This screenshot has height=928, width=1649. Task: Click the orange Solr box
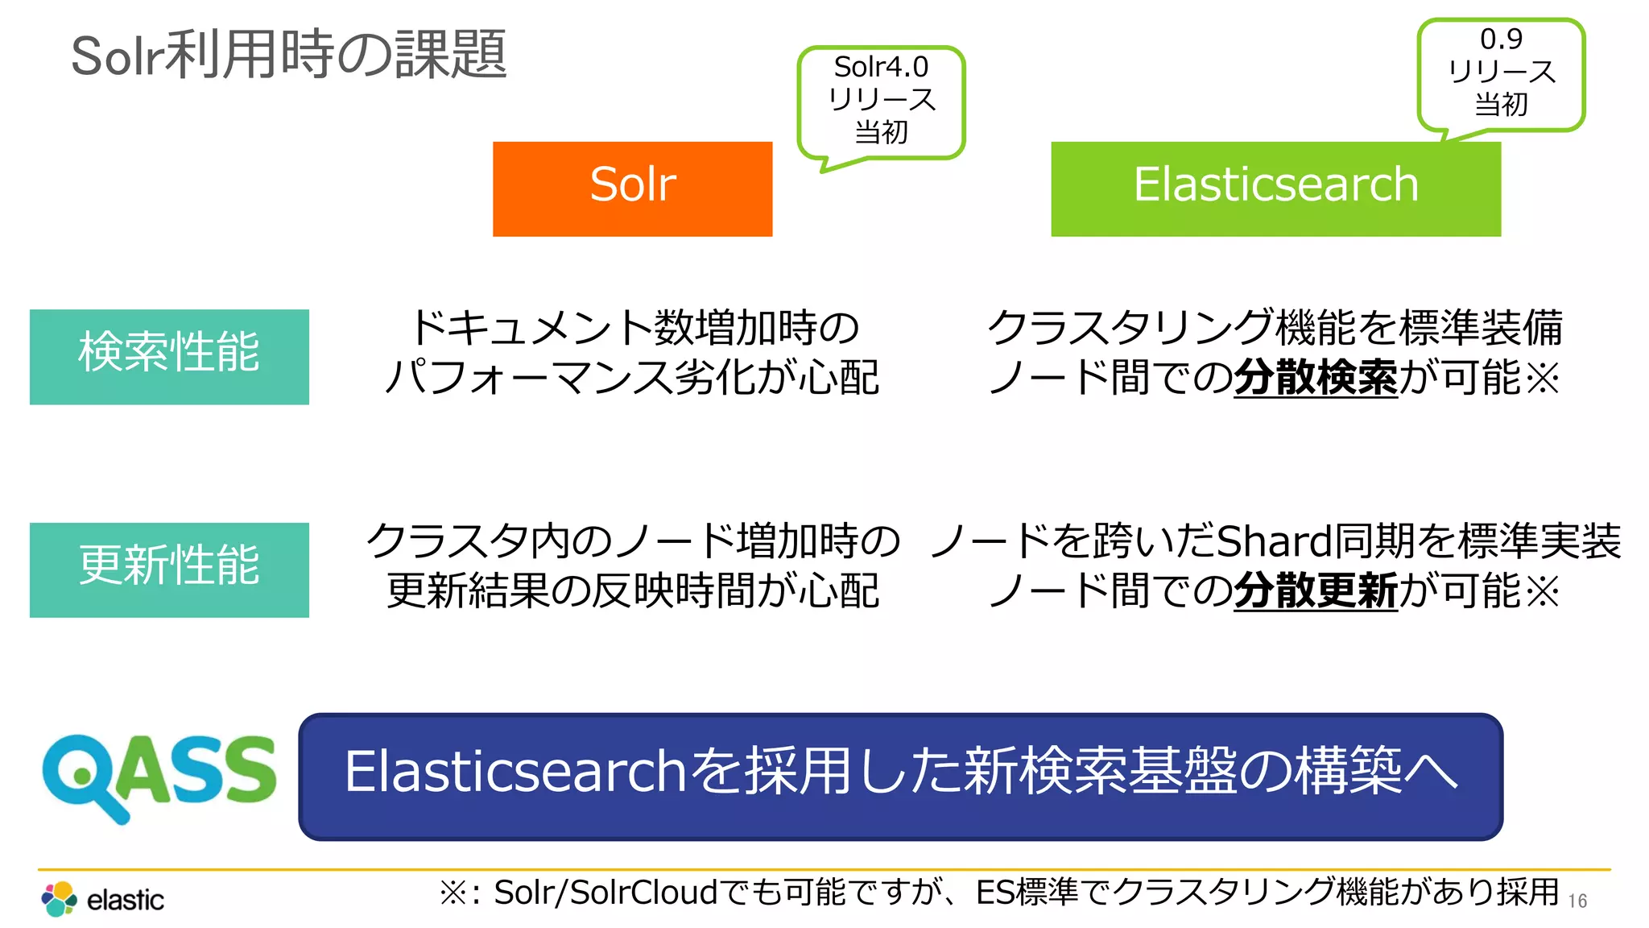(x=632, y=188)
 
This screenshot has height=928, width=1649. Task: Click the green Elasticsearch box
(x=1275, y=188)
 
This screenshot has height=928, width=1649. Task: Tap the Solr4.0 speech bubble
(x=881, y=101)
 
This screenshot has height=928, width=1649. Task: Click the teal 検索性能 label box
(x=169, y=356)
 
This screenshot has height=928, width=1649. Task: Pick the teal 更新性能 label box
(x=169, y=570)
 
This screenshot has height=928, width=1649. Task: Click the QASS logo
(x=159, y=775)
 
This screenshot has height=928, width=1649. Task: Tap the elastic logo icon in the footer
(x=59, y=899)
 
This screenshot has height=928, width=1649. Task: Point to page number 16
(x=1577, y=901)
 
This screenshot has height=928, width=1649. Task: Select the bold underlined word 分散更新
(x=1315, y=591)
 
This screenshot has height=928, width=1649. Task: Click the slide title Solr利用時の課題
(x=289, y=55)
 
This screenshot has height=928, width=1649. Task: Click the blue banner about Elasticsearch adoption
(x=900, y=776)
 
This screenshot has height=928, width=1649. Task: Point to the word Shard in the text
(x=1273, y=541)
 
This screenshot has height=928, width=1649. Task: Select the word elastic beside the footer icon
(x=125, y=900)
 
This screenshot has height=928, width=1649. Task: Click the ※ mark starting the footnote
(x=454, y=893)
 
